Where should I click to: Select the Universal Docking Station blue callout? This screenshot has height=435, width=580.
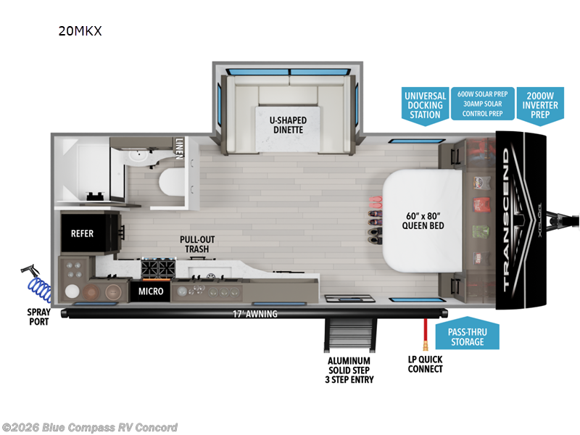coord(425,105)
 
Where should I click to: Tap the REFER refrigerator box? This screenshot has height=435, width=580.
coord(82,233)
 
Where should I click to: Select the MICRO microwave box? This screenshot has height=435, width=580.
coord(150,291)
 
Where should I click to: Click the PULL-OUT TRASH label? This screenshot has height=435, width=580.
coord(198,244)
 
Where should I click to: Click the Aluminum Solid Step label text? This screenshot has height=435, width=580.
coord(349,370)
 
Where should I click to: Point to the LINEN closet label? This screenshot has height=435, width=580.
coord(179,151)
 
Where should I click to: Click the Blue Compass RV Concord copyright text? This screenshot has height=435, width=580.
coord(90,427)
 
